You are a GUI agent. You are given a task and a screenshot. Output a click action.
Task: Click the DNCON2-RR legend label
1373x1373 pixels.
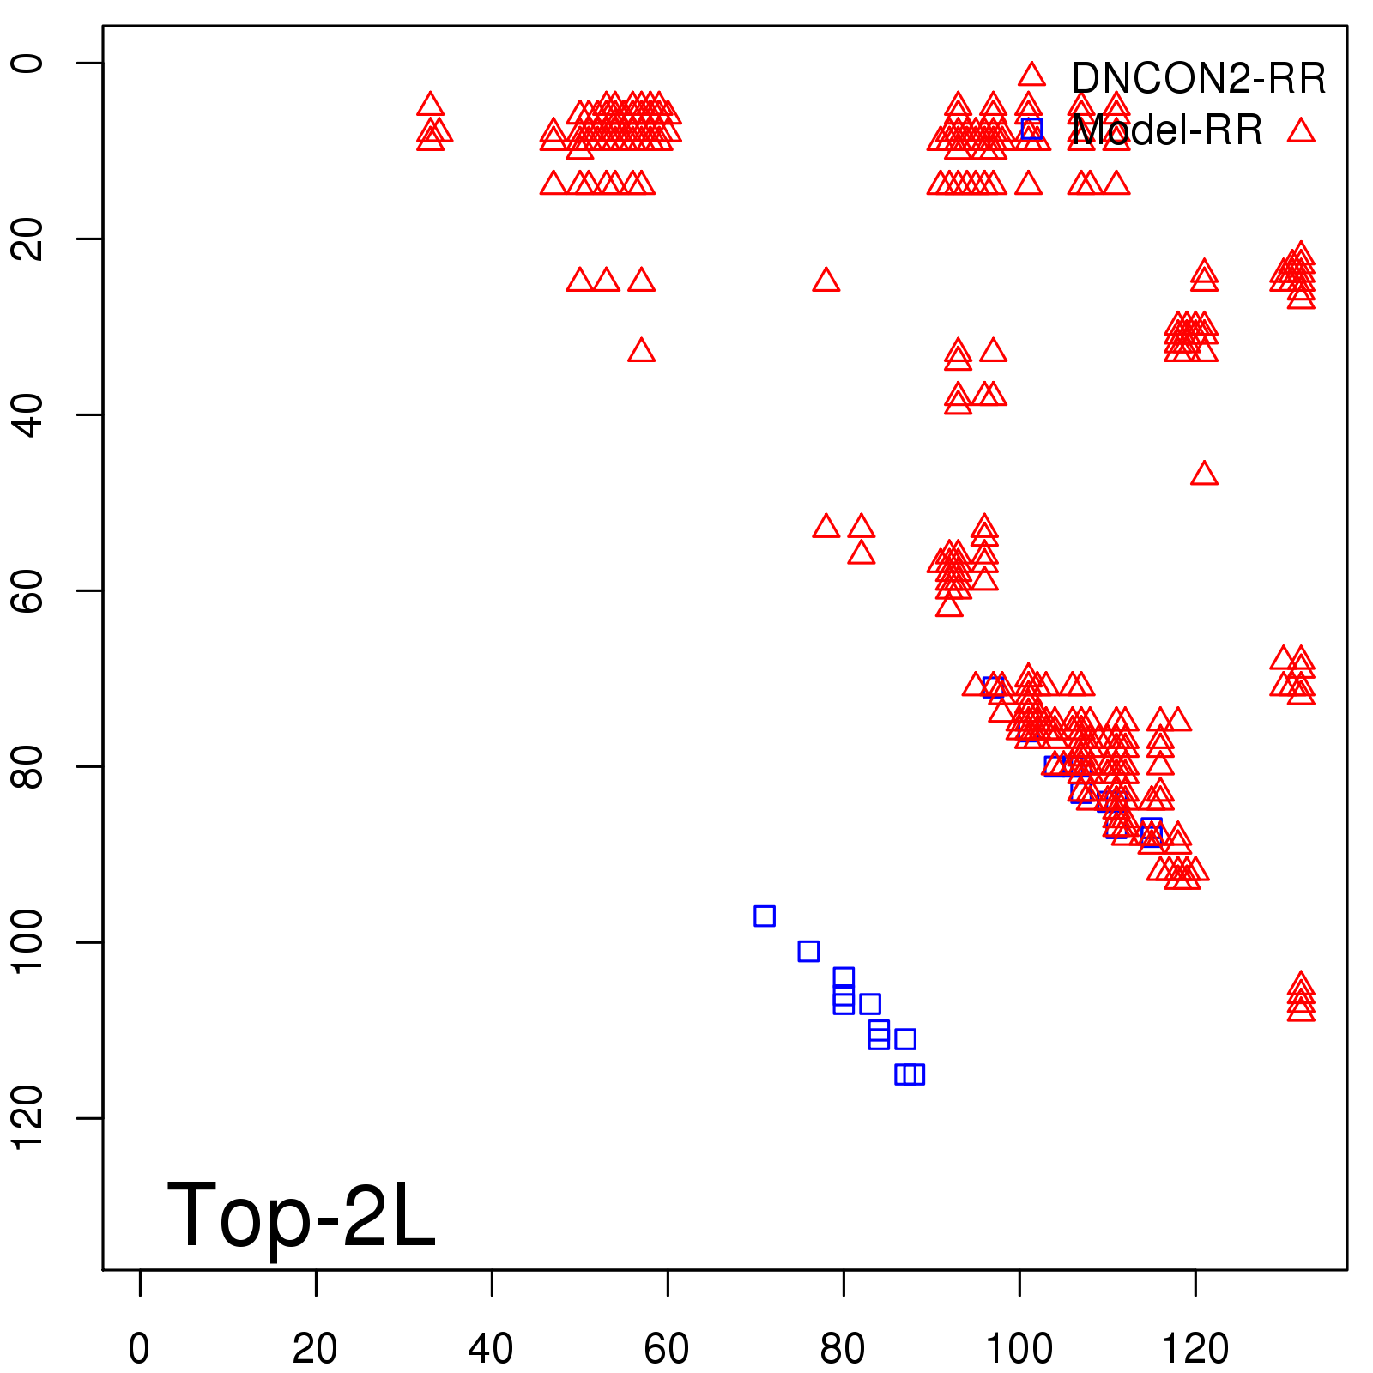click(1198, 78)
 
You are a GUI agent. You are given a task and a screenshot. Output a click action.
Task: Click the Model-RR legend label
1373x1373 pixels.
click(1167, 130)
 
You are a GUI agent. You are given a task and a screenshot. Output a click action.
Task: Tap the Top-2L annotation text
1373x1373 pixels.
click(300, 1215)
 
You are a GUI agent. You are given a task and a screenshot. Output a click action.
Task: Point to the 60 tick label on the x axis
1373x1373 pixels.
click(667, 1349)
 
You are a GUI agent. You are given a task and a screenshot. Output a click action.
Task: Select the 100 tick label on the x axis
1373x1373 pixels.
click(1019, 1349)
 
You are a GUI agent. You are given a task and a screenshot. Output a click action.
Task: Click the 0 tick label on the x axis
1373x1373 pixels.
click(139, 1349)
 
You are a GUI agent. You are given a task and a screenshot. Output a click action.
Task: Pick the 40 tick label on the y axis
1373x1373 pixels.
click(29, 414)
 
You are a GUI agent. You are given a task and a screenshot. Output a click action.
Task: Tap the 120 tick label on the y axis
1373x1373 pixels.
click(29, 1117)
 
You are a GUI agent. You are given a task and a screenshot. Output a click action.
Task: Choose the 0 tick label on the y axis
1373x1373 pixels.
click(29, 63)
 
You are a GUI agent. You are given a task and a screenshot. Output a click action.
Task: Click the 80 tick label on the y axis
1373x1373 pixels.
click(29, 765)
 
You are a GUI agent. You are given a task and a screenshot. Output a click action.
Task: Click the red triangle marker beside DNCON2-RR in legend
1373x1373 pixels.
click(1031, 75)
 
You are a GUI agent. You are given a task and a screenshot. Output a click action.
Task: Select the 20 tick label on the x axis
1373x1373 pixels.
click(315, 1349)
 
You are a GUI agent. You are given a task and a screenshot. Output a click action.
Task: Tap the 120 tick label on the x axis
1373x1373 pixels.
click(1195, 1349)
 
